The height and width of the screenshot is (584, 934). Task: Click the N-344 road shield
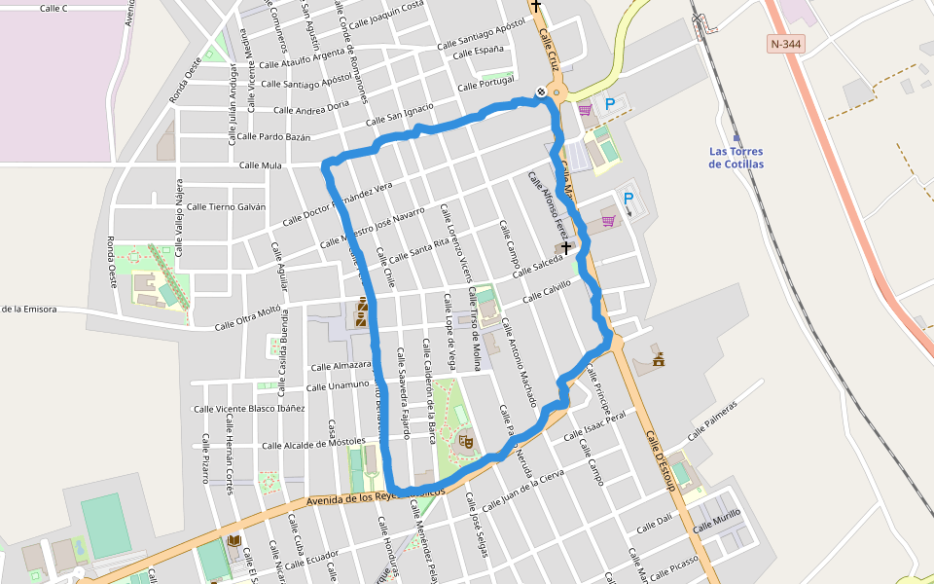pos(787,44)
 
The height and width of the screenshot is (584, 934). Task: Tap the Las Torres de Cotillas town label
pos(736,158)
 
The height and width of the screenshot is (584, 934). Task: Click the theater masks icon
pos(466,441)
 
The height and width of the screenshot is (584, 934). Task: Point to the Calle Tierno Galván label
pos(226,206)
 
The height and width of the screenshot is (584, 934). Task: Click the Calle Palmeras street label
pos(713,420)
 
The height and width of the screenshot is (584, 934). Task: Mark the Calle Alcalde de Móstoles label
pos(313,444)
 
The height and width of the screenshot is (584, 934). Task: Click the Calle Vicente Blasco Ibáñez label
pos(249,409)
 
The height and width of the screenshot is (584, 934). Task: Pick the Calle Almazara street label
pos(341,367)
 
